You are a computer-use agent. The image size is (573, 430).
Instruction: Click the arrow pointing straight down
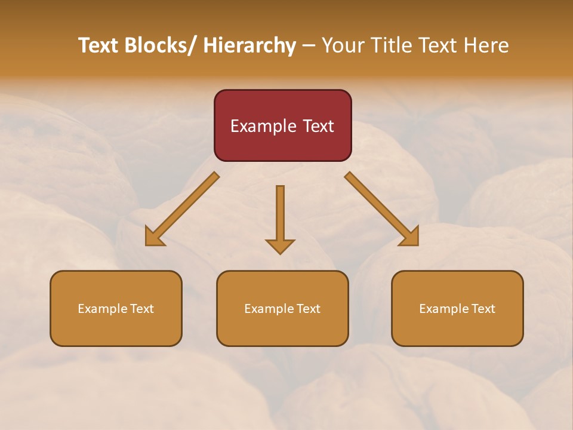click(x=280, y=218)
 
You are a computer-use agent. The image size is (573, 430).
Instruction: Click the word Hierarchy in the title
click(x=249, y=46)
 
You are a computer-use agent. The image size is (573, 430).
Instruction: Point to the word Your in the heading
click(x=343, y=46)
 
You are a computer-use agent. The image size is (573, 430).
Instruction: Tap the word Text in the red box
click(x=316, y=127)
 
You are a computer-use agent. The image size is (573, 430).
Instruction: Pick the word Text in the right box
click(x=483, y=309)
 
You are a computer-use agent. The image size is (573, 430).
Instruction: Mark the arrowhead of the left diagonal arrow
click(x=154, y=237)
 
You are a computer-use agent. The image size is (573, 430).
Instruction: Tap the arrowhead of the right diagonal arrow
click(x=410, y=237)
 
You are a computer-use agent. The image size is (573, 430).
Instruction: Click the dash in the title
click(x=309, y=46)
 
